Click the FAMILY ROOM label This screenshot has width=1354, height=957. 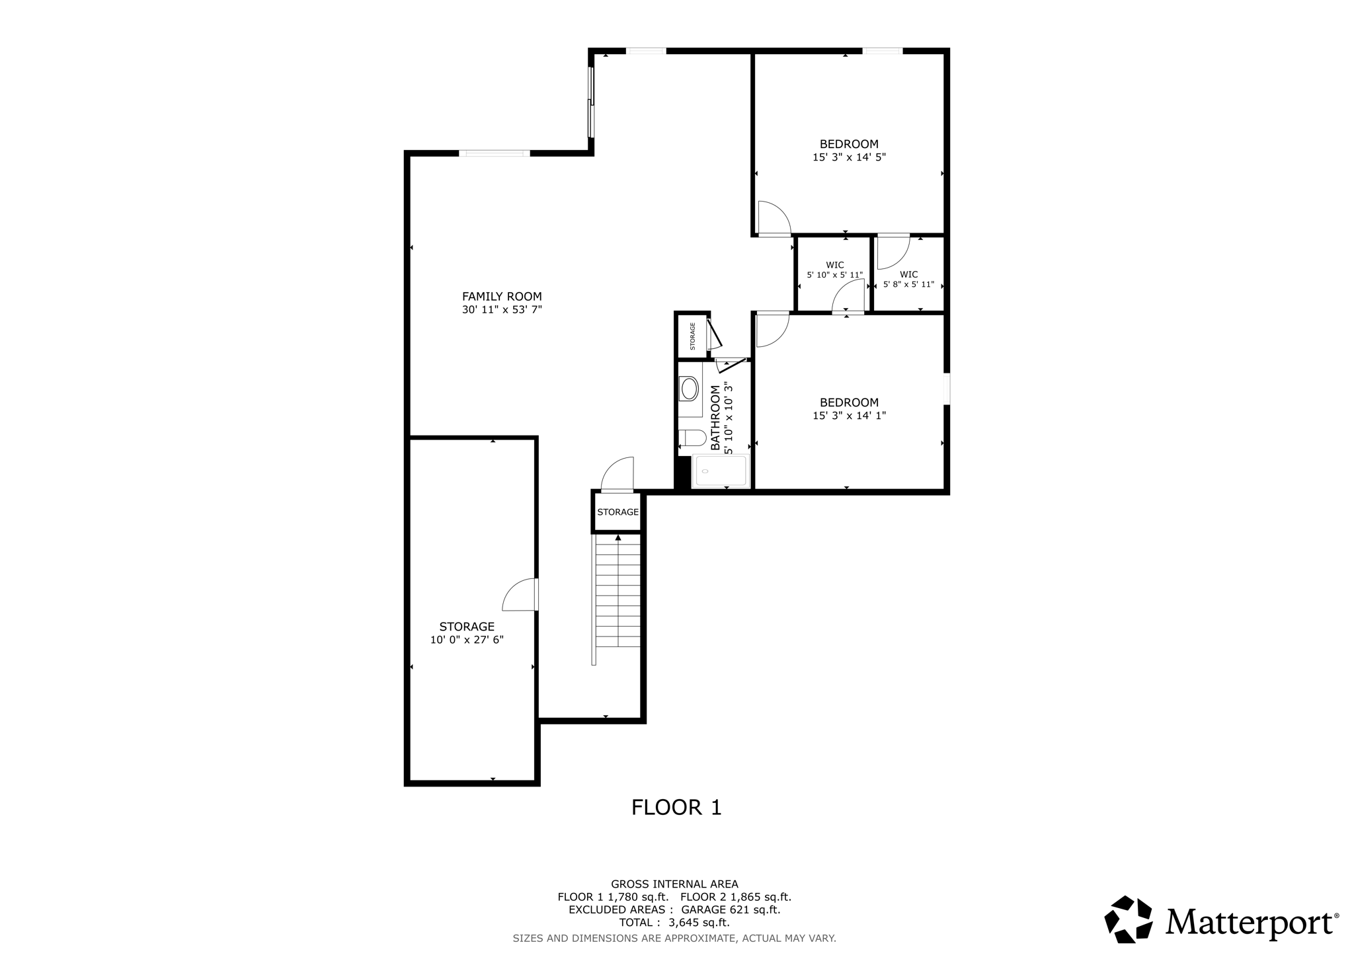pyautogui.click(x=502, y=297)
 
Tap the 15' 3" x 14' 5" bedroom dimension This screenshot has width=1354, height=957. pyautogui.click(x=849, y=157)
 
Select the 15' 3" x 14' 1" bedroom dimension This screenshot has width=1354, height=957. pyautogui.click(x=849, y=416)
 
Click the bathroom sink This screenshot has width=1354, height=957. pyautogui.click(x=690, y=389)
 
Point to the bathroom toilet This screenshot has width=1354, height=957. pyautogui.click(x=692, y=438)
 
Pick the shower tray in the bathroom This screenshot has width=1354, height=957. pyautogui.click(x=721, y=471)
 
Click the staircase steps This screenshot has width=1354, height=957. pyautogui.click(x=618, y=592)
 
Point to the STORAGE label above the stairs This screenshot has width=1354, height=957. pyautogui.click(x=618, y=512)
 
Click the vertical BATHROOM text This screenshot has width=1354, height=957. pyautogui.click(x=715, y=418)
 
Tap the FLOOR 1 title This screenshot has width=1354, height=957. pyautogui.click(x=676, y=808)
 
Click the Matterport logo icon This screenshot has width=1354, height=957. pyautogui.click(x=1129, y=919)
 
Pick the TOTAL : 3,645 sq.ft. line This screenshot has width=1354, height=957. pyautogui.click(x=674, y=923)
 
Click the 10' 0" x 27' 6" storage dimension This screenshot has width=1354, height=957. pyautogui.click(x=467, y=640)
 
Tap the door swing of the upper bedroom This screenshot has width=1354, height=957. pyautogui.click(x=773, y=218)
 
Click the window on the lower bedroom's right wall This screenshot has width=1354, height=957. pyautogui.click(x=946, y=389)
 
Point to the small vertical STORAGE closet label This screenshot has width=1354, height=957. pyautogui.click(x=693, y=336)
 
